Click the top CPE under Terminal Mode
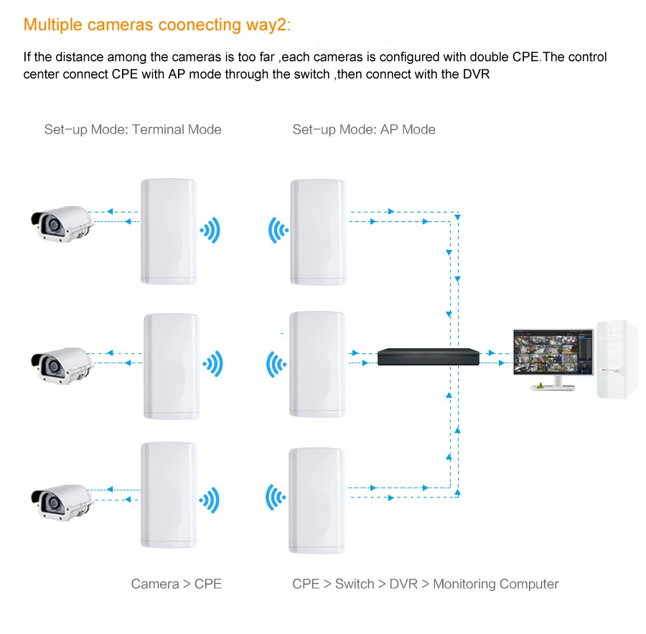pos(168,230)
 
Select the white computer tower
pos(616,359)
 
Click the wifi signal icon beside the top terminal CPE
pos(210,230)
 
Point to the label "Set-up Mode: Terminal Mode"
pos(133,130)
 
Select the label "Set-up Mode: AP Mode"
pos(364,130)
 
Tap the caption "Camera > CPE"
pos(176,584)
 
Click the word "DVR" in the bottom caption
pos(403,584)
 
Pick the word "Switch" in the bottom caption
pos(355,584)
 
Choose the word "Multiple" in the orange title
pos(53,25)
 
